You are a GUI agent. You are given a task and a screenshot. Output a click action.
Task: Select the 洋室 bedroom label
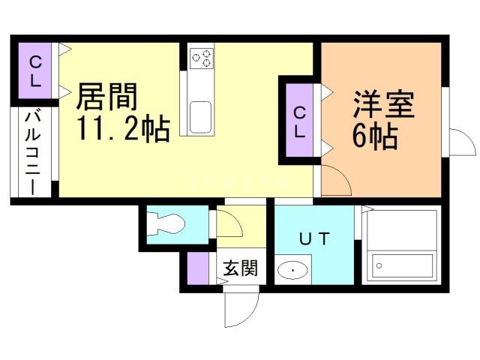point(383,105)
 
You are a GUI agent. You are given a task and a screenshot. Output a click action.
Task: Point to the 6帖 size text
point(373,136)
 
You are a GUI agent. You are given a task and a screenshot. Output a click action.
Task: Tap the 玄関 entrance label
point(239,267)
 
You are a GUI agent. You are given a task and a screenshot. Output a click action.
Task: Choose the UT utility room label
point(314,239)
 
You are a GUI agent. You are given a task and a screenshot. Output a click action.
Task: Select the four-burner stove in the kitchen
point(201,58)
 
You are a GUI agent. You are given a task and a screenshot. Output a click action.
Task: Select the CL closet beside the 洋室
point(299,122)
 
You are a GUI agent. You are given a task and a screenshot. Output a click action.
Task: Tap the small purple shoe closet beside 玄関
point(198,268)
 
